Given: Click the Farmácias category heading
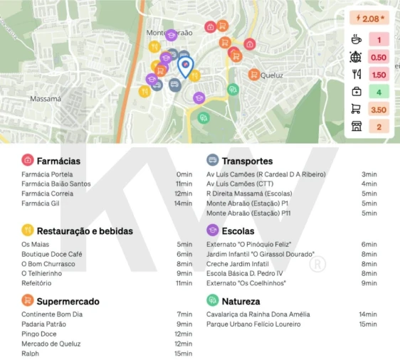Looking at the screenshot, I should [x=58, y=161].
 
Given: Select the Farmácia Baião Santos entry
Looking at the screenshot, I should [x=56, y=184].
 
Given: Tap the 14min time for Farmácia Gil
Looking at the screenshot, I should [x=184, y=203].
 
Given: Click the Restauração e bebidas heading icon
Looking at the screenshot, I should [x=28, y=231].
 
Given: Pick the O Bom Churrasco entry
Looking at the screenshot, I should [x=48, y=263].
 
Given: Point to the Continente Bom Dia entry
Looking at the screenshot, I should [x=52, y=314].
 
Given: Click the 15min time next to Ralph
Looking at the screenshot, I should [x=184, y=354].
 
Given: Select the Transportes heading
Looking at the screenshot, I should [x=246, y=161].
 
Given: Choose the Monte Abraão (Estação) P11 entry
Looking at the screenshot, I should [x=248, y=213].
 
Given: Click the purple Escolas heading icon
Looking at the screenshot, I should [x=212, y=231].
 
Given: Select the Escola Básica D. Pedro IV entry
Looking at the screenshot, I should [x=244, y=273].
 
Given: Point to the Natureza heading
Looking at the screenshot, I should [x=241, y=301].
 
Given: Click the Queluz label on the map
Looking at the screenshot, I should [x=272, y=75].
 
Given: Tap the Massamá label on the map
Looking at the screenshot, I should [x=46, y=99].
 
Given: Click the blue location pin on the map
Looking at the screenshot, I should [x=185, y=66].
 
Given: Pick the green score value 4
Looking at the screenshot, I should [x=379, y=92].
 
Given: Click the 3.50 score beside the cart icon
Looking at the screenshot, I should [x=379, y=110].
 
